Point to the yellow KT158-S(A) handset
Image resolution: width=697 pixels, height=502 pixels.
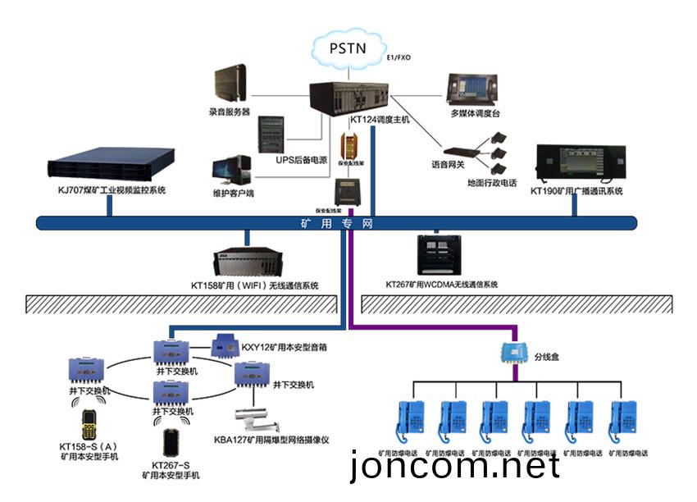tap(89, 422)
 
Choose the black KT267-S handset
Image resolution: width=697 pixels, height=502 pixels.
tap(170, 442)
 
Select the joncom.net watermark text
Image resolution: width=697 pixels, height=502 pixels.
tap(455, 467)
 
